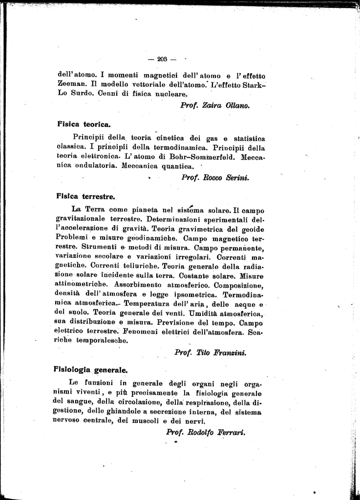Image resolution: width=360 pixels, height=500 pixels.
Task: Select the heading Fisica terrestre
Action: [85, 197]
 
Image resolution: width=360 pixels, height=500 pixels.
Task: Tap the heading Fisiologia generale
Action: [90, 370]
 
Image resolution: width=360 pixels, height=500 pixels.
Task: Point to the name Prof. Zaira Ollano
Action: [215, 105]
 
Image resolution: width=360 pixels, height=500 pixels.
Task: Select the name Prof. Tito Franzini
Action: [210, 352]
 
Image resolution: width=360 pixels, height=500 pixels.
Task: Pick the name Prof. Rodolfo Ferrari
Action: [205, 432]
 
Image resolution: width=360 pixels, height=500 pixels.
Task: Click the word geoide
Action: [251, 229]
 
